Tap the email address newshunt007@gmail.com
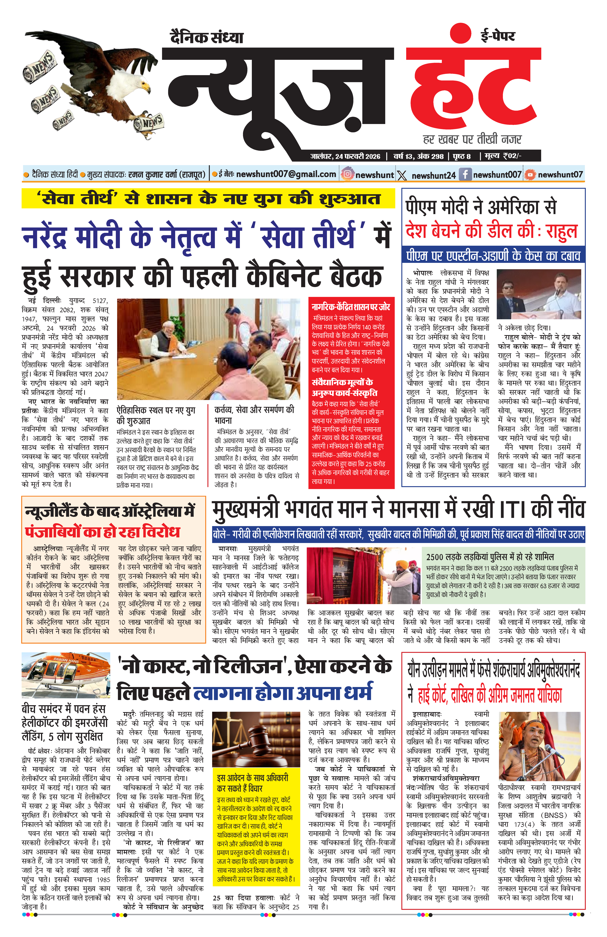(286, 174)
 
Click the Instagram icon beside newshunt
(348, 174)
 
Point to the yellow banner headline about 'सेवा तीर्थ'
(208, 199)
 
